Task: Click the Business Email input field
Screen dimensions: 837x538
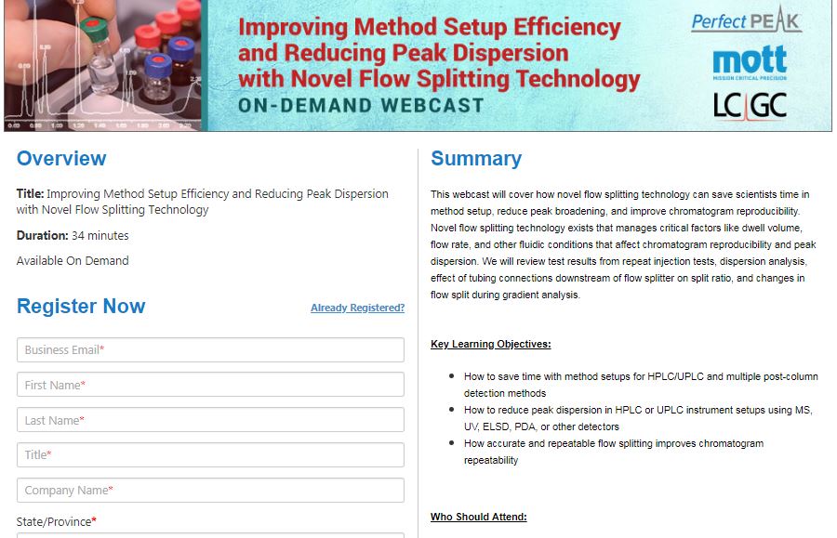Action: click(210, 349)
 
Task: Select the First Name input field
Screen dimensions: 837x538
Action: click(210, 385)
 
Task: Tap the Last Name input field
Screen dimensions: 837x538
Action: click(210, 420)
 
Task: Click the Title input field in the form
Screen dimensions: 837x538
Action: click(210, 454)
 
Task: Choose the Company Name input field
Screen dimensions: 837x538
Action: click(210, 490)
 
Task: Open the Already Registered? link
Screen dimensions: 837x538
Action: click(358, 308)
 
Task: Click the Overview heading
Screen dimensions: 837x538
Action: click(61, 158)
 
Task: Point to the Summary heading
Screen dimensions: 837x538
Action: click(476, 159)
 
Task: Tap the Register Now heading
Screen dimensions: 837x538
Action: click(81, 306)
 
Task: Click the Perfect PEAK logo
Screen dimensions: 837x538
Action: click(746, 20)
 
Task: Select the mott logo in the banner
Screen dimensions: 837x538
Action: click(750, 62)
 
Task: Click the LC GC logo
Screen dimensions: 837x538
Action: click(750, 106)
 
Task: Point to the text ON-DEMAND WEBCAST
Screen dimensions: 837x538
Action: click(361, 106)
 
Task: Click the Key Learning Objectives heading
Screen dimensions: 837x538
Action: click(490, 344)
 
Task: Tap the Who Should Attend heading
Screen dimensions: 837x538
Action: click(478, 517)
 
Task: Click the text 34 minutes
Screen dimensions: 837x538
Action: click(100, 236)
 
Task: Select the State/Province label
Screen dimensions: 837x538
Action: click(56, 522)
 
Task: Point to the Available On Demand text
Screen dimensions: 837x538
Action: click(73, 261)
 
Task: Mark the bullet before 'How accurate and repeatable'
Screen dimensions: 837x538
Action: click(452, 442)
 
